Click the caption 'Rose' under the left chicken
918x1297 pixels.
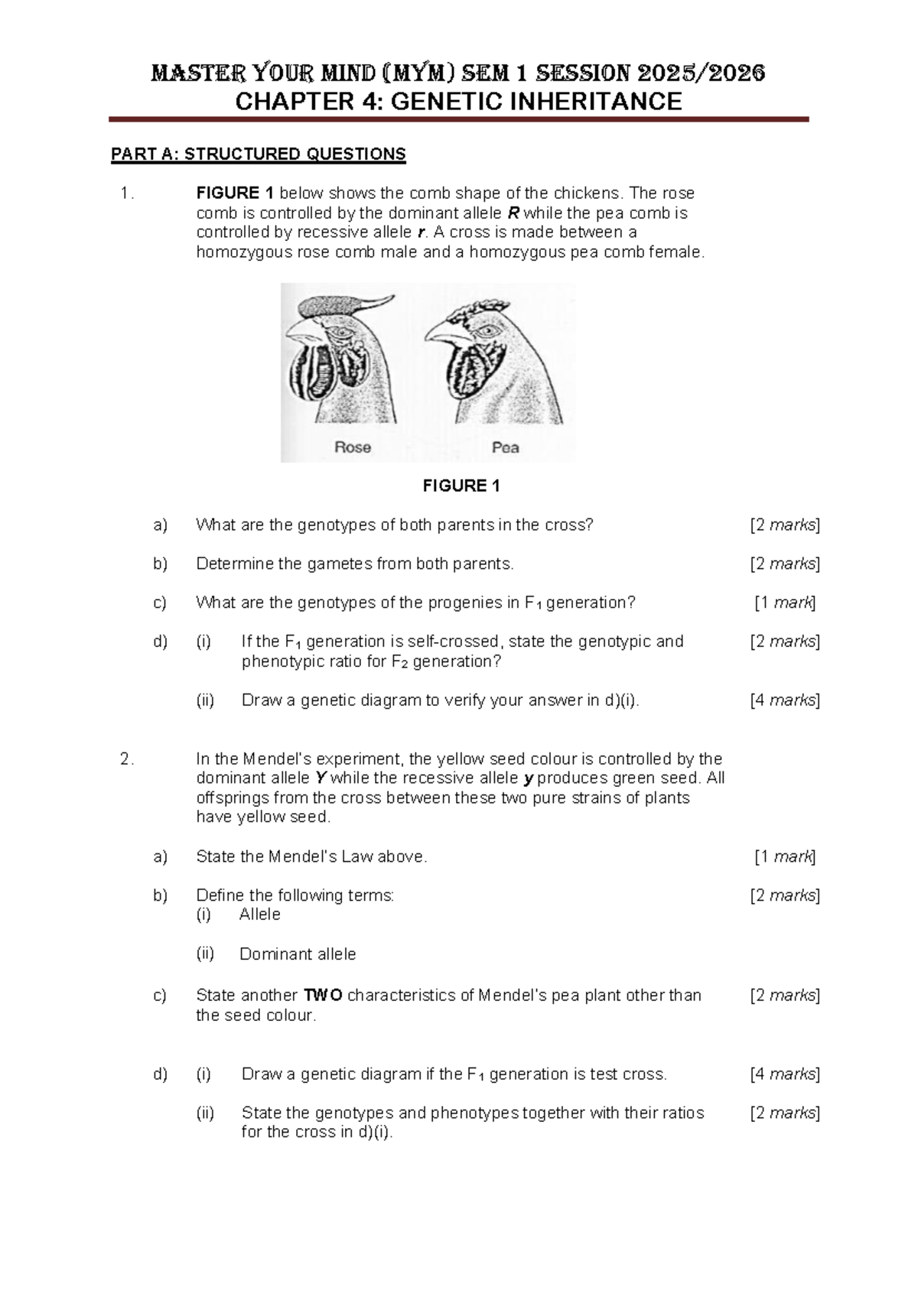pos(353,447)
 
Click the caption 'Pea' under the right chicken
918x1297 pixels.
pos(506,447)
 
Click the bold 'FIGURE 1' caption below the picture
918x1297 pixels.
pos(461,486)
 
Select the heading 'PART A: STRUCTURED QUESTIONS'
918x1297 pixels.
pos(258,154)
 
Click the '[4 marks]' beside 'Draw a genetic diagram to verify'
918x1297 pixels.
pos(785,700)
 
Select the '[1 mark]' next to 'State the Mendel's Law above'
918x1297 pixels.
pos(785,857)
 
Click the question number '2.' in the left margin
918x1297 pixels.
pos(127,759)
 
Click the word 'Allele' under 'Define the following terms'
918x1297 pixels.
pos(260,915)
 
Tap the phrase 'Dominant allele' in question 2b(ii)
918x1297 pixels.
pos(298,954)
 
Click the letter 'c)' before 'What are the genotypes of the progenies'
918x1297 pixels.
pos(160,603)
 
